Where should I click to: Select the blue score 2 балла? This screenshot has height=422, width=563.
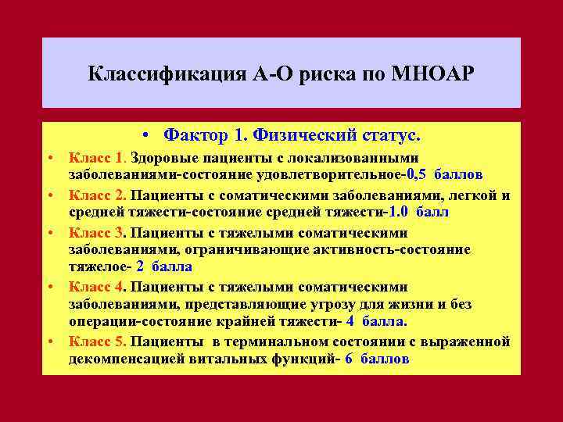pyautogui.click(x=164, y=266)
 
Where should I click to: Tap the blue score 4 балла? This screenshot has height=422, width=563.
pyautogui.click(x=376, y=321)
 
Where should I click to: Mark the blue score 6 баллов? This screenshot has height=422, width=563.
pyautogui.click(x=377, y=359)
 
